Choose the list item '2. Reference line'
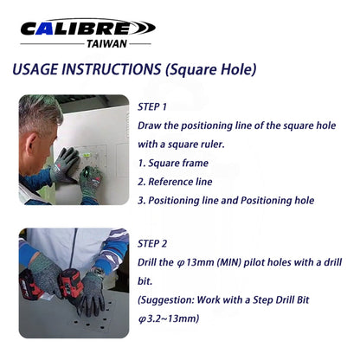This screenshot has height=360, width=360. click(176, 181)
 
